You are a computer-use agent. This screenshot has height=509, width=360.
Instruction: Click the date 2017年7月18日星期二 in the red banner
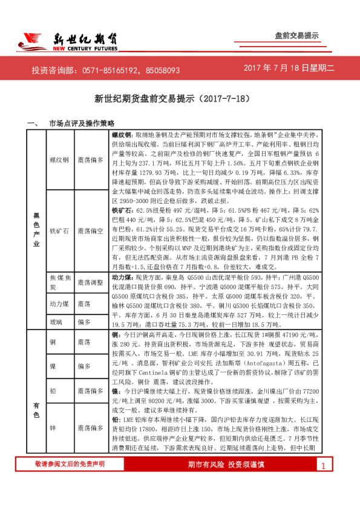pyautogui.click(x=289, y=70)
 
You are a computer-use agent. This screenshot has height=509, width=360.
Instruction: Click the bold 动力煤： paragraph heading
pyautogui.click(x=123, y=276)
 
